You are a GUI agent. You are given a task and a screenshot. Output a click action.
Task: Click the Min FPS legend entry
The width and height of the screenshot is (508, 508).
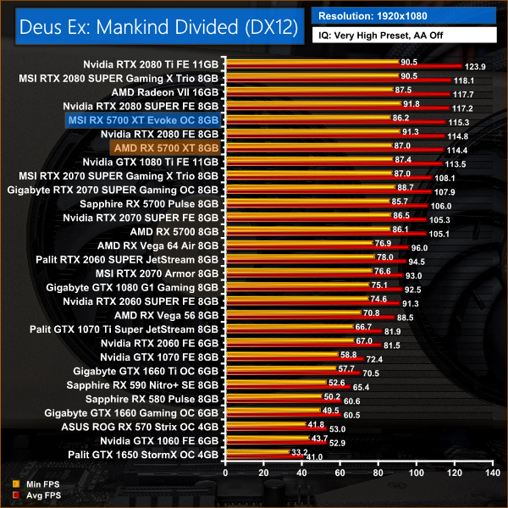click(33, 483)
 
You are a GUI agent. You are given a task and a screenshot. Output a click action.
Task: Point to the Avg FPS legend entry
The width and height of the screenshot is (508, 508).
click(33, 494)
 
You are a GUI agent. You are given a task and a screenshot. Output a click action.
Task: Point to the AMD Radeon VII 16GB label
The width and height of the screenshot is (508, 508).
click(165, 92)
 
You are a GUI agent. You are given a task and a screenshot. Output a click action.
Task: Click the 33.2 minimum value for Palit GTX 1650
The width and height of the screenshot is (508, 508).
click(297, 452)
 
